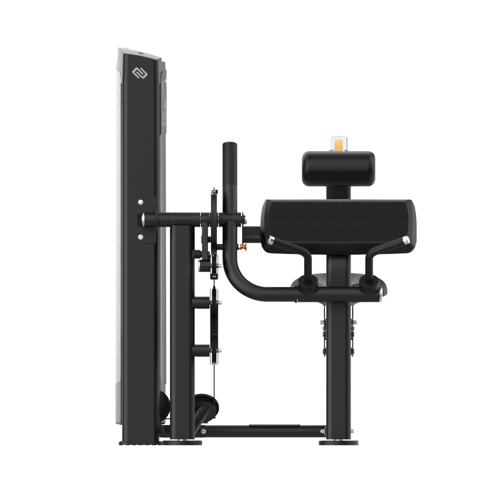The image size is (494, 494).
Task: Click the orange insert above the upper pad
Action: click(x=338, y=145)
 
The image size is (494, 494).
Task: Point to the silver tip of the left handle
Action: click(x=270, y=240)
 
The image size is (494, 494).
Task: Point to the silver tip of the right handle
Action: click(x=406, y=240)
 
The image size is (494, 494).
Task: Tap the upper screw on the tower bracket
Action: click(x=141, y=202)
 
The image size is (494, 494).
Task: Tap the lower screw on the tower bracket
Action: click(x=141, y=238)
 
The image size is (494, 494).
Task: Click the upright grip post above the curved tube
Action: click(x=230, y=168)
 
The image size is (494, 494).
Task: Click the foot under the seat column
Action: click(x=338, y=442)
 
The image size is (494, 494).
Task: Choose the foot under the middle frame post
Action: click(x=182, y=442)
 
